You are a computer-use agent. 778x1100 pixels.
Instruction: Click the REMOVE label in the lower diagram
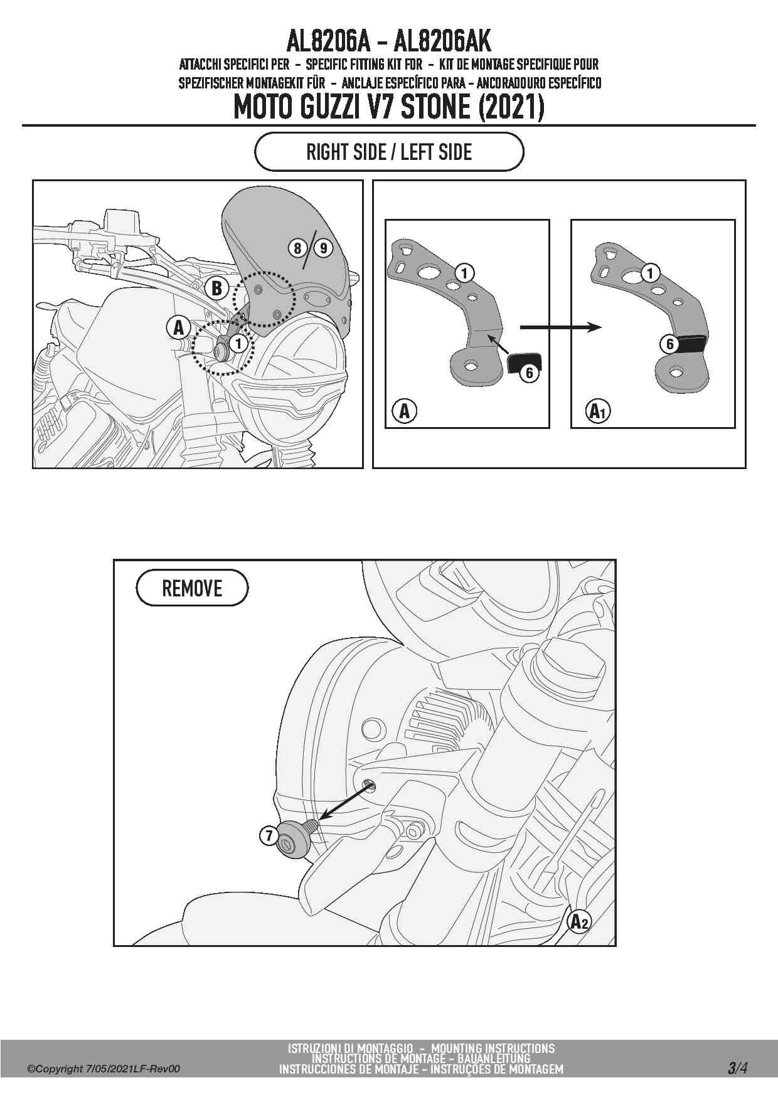(x=192, y=588)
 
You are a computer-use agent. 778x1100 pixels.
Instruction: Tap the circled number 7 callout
(x=269, y=835)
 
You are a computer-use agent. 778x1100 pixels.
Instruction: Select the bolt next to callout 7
(x=296, y=838)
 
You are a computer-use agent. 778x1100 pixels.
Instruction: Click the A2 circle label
(x=579, y=922)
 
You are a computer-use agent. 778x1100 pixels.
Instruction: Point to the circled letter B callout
(x=217, y=288)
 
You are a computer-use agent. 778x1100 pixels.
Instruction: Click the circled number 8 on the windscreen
(x=297, y=248)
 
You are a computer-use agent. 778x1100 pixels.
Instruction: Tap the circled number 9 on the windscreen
(x=323, y=248)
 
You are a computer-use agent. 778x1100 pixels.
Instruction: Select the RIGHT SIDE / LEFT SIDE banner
(x=389, y=152)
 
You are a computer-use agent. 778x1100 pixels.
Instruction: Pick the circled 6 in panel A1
(x=670, y=344)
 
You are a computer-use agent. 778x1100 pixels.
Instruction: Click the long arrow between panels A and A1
(x=560, y=327)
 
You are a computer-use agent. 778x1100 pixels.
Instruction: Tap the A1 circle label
(x=597, y=411)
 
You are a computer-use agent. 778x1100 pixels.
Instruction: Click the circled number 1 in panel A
(x=465, y=273)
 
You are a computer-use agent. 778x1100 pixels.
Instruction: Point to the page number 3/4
(x=738, y=1067)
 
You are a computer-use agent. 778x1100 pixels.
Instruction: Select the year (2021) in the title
(x=511, y=107)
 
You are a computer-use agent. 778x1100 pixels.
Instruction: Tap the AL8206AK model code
(x=442, y=42)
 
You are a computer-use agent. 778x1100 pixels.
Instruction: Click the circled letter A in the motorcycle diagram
(x=179, y=327)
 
